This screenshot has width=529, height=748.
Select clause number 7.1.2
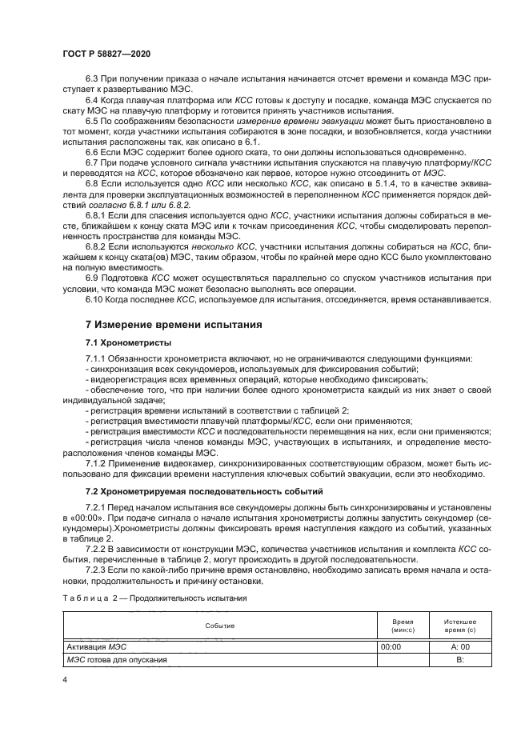click(97, 463)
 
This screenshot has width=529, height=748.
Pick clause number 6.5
click(92, 120)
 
